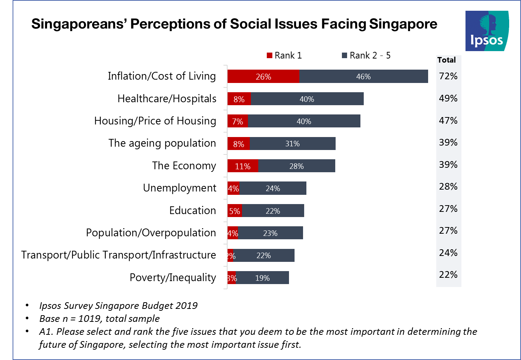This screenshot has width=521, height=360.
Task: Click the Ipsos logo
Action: (487, 31)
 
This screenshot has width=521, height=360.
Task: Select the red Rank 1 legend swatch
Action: (269, 56)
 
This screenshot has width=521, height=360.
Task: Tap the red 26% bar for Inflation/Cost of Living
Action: (263, 76)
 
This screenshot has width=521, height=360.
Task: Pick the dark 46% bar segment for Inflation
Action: (363, 76)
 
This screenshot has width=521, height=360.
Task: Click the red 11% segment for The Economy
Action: (243, 166)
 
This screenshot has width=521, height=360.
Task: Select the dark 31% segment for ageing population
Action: (292, 144)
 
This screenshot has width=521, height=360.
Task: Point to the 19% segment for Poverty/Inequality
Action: (262, 278)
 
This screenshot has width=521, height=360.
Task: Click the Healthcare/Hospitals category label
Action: (167, 99)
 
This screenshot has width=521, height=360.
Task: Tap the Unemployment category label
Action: (179, 188)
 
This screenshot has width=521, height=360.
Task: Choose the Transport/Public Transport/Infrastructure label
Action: (118, 255)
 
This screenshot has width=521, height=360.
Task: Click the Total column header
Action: (446, 60)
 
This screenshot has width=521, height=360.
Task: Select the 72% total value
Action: (448, 76)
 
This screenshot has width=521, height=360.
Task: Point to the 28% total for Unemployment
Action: (448, 186)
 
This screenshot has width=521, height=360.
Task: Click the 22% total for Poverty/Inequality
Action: (448, 274)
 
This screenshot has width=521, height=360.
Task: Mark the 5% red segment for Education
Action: (235, 211)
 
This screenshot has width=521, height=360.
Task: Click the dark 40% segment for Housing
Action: (304, 121)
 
